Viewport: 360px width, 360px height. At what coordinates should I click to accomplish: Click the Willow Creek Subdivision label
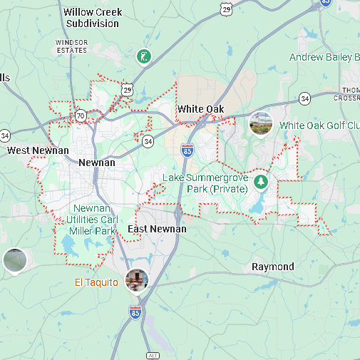click(93, 18)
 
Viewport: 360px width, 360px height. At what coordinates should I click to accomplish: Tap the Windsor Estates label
click(71, 46)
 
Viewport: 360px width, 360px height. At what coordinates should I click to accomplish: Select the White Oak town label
click(200, 109)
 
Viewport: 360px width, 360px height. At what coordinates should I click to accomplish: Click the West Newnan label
click(38, 150)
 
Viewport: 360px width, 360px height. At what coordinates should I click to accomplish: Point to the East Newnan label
click(157, 229)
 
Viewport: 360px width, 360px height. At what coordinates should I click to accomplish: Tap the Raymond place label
click(272, 267)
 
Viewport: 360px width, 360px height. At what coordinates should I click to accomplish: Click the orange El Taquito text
click(97, 282)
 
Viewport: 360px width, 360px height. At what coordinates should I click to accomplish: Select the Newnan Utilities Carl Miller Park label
click(92, 220)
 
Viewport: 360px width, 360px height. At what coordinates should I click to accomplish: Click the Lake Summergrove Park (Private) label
click(205, 182)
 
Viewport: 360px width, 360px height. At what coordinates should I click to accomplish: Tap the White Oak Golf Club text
click(319, 125)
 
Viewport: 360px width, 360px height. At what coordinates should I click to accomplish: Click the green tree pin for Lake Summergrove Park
click(261, 182)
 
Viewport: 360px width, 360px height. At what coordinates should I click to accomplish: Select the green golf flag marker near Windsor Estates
click(143, 56)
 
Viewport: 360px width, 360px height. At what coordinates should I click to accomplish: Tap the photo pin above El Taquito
click(136, 279)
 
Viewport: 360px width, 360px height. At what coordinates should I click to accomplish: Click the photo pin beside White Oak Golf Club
click(260, 123)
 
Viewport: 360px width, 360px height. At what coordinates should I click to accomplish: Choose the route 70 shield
click(81, 115)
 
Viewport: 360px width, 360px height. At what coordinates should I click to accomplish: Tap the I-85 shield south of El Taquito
click(135, 312)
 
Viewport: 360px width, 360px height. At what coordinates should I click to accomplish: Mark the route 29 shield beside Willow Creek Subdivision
click(227, 9)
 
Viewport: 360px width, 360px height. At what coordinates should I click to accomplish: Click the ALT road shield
click(152, 354)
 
